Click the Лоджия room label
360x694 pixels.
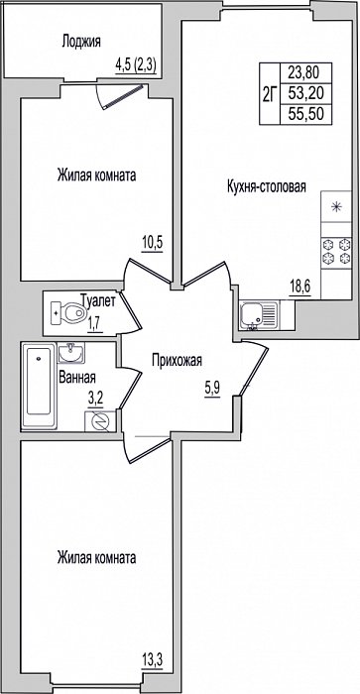(x=81, y=42)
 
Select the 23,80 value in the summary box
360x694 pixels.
(x=306, y=70)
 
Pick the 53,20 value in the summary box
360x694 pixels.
(x=306, y=93)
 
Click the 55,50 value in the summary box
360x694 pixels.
(x=306, y=114)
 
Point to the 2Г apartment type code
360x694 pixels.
(x=270, y=94)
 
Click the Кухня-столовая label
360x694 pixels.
(x=267, y=186)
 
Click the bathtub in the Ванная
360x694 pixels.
(x=39, y=386)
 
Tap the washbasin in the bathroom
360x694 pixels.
(x=70, y=353)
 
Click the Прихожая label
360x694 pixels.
(x=178, y=360)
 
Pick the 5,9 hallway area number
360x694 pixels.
(x=212, y=391)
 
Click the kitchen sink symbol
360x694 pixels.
(x=259, y=314)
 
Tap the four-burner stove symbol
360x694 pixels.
(x=336, y=252)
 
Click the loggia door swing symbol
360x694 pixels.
(x=120, y=95)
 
